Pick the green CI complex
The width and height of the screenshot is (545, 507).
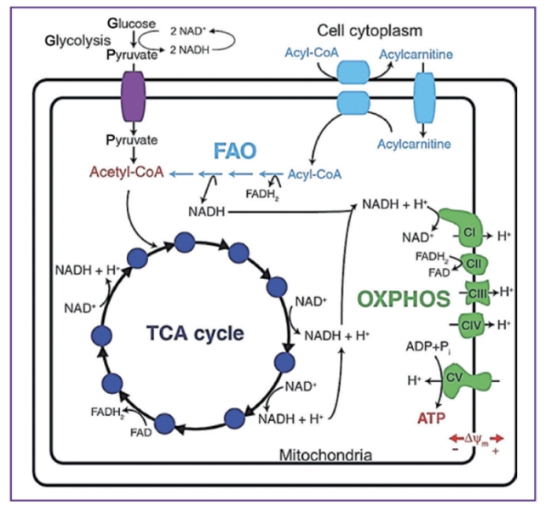point(469,232)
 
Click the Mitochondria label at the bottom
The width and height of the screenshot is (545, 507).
point(325,455)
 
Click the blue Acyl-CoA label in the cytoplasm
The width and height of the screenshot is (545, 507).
point(307,54)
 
